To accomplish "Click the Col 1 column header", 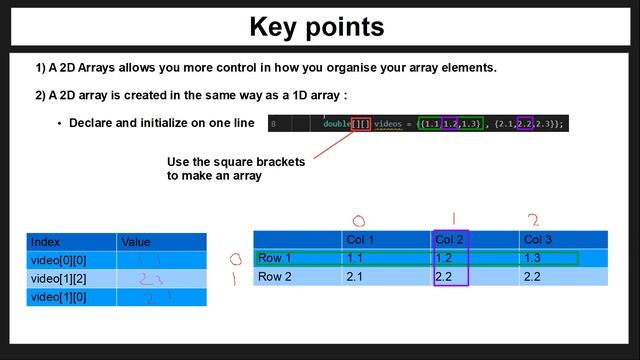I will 359,240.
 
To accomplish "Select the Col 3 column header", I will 537,240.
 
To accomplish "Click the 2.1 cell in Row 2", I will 355,277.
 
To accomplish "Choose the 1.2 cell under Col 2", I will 444,258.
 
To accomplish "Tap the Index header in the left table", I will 45,242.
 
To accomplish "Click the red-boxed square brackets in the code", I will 361,124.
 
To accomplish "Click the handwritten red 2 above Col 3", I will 533,220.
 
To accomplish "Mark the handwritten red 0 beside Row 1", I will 235,258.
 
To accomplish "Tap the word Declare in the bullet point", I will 91,123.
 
